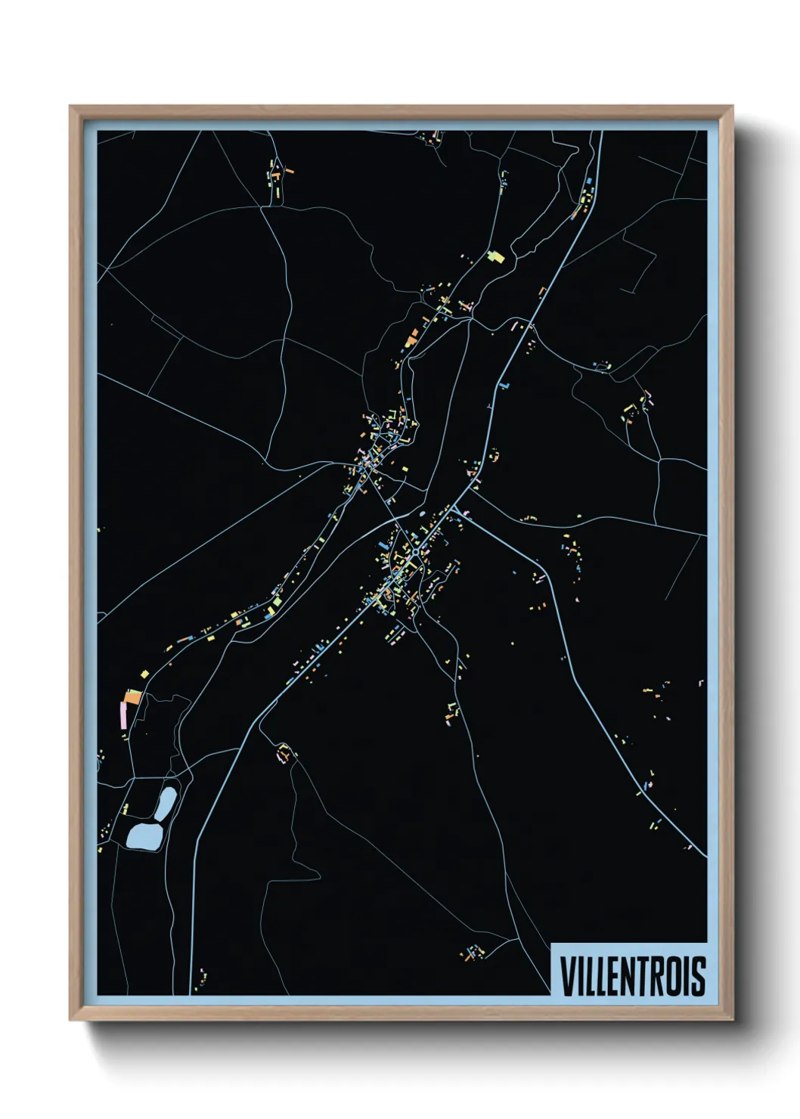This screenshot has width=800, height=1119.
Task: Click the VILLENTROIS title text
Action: tap(632, 975)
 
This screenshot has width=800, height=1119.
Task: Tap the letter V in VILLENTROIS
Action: tap(568, 975)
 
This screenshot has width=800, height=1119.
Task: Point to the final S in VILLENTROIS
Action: tap(698, 975)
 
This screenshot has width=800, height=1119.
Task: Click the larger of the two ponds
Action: tap(144, 836)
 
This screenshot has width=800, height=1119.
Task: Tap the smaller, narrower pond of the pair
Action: tap(167, 802)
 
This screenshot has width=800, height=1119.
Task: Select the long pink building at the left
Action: tap(123, 714)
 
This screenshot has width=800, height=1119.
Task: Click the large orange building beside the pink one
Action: tap(133, 697)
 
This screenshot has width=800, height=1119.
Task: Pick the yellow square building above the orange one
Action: tap(144, 673)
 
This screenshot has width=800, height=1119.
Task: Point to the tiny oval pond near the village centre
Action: tap(422, 514)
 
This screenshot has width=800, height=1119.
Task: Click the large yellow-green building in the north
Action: tap(496, 257)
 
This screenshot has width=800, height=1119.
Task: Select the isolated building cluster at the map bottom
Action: tap(473, 952)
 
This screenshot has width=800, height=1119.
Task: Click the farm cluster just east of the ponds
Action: tap(285, 753)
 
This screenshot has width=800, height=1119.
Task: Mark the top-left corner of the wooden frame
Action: tap(70, 107)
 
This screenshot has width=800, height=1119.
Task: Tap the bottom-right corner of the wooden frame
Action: tap(732, 1019)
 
